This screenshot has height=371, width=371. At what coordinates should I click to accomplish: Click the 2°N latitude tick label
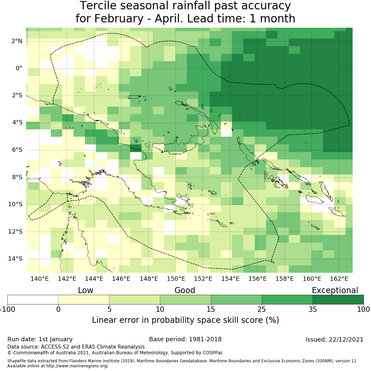click(17, 41)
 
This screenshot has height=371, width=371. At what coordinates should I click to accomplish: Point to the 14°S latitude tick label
click(16, 259)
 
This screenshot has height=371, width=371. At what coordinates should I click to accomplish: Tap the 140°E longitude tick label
click(40, 278)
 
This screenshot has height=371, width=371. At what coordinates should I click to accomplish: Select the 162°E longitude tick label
click(339, 278)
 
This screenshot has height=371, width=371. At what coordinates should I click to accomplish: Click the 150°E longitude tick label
click(176, 278)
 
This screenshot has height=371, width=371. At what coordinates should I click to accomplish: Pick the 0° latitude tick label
click(19, 68)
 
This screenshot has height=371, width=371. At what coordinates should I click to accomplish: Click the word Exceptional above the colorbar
click(335, 290)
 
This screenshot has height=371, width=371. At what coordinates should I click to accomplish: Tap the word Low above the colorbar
click(86, 290)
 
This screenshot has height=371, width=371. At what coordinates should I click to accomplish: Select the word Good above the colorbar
click(185, 290)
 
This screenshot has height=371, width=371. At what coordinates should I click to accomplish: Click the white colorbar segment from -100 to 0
click(33, 299)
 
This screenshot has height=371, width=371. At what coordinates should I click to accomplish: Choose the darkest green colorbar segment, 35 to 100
click(338, 299)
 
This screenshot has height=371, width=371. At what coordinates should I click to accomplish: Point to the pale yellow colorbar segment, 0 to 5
click(84, 299)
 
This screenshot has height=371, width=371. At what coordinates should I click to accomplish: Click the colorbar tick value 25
click(262, 309)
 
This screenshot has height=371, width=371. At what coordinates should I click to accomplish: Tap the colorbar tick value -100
click(7, 309)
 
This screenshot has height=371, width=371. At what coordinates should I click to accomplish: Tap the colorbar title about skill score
click(185, 320)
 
